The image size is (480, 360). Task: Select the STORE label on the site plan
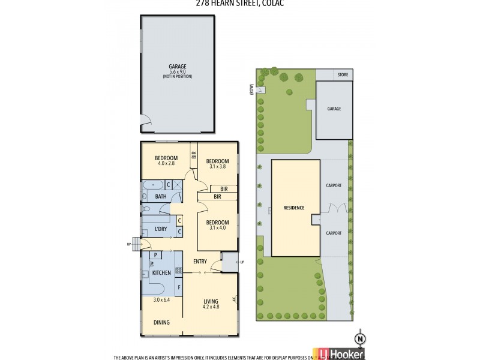coord(343,74)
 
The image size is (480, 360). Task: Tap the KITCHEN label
coord(161,273)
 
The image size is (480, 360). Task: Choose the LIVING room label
coord(210,301)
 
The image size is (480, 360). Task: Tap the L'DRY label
coord(160,230)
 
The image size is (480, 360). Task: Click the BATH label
coord(161,196)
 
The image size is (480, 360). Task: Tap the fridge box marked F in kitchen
coord(178,287)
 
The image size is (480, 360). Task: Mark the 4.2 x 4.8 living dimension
coord(210,307)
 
